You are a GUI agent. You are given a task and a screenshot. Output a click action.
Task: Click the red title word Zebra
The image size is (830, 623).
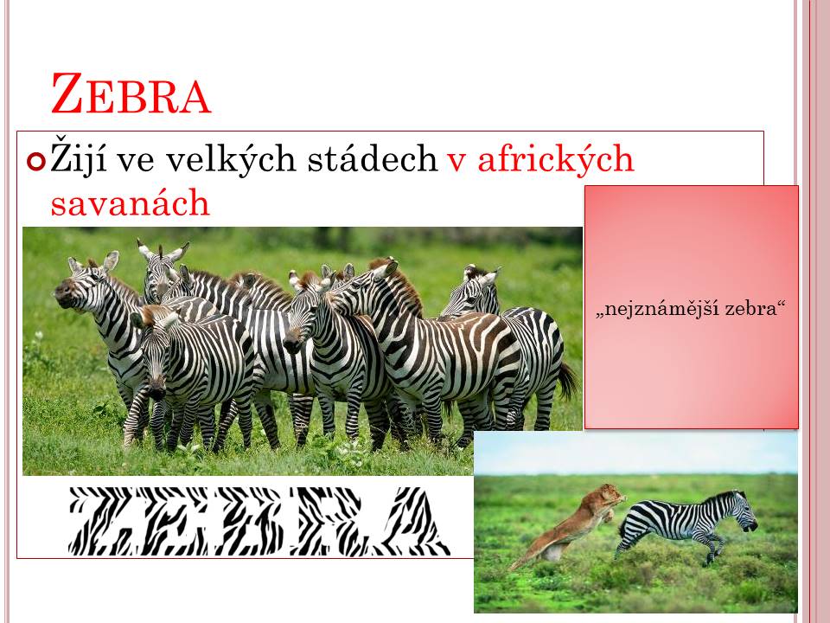point(131,93)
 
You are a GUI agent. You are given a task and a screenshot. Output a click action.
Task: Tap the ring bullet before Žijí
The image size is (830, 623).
point(36,161)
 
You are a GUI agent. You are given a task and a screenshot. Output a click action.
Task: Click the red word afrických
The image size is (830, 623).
point(556,157)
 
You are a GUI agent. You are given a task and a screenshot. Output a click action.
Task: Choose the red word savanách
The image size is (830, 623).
point(131,202)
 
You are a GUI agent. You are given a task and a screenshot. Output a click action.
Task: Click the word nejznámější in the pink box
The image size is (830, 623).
point(657,308)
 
